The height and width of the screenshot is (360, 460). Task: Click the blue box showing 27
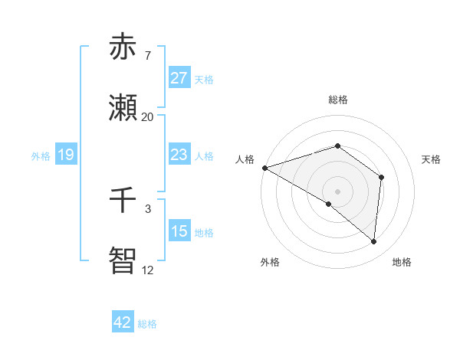(x=179, y=78)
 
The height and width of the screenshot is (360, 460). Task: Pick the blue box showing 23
(x=179, y=155)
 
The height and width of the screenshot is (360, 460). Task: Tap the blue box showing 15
(x=179, y=231)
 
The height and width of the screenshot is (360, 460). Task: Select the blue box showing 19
(x=66, y=155)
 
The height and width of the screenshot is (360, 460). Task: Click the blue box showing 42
(x=122, y=322)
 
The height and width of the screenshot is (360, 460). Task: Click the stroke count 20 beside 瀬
(x=147, y=117)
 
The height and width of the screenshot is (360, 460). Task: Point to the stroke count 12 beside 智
(x=147, y=270)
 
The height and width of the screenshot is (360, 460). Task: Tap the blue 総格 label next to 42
(x=147, y=324)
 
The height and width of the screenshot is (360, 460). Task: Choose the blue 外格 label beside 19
(x=41, y=155)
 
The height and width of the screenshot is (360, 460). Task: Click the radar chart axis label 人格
(x=245, y=159)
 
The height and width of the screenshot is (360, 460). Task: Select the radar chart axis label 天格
(x=432, y=159)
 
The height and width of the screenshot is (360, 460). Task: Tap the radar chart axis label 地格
(x=402, y=262)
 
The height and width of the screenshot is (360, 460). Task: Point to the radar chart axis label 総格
(x=337, y=100)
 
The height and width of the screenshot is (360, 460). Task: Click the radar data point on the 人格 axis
(x=264, y=167)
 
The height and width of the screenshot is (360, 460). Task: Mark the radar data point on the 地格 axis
(x=374, y=241)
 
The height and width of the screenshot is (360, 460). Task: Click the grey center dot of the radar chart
(x=337, y=191)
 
